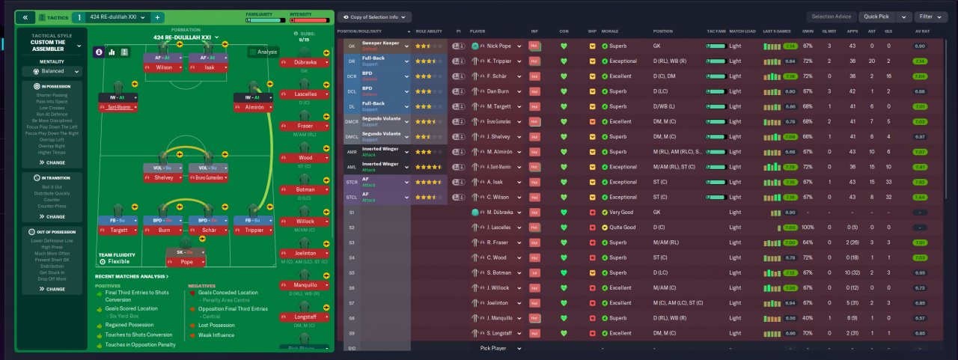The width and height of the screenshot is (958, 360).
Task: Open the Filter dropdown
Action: click(x=931, y=16)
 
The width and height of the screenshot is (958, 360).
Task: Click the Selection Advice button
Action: click(x=831, y=16)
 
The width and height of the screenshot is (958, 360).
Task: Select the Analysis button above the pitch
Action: click(x=263, y=52)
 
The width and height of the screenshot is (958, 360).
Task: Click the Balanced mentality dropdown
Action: click(x=52, y=72)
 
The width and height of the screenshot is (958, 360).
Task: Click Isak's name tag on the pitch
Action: click(x=207, y=67)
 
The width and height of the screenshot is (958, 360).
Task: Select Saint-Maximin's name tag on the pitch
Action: click(x=118, y=108)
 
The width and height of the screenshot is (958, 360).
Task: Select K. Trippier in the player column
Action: click(x=499, y=61)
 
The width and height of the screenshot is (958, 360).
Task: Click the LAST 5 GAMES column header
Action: click(x=775, y=31)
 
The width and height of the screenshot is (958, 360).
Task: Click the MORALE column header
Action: click(x=610, y=31)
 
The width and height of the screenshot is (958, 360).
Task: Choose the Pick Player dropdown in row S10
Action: click(x=496, y=348)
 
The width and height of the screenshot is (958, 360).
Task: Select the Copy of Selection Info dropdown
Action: click(x=374, y=16)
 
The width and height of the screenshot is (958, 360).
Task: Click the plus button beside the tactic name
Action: click(x=158, y=16)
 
